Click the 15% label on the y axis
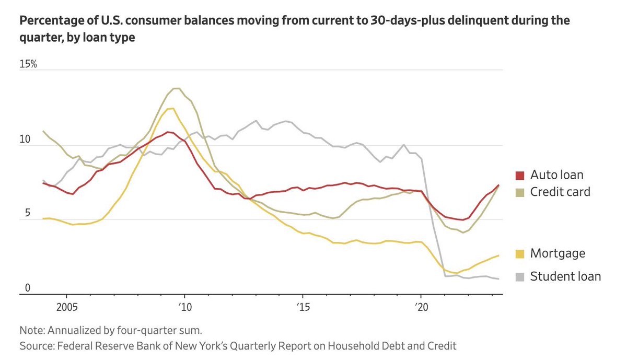click(28, 64)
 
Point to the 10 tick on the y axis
click(26, 140)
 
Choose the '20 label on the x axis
click(420, 306)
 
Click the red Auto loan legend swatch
click(519, 175)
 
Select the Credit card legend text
click(560, 192)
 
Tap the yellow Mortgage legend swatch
click(519, 254)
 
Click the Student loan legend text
click(565, 276)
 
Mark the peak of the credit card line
click(177, 88)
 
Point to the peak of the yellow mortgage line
click(171, 108)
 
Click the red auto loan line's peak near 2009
click(167, 132)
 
